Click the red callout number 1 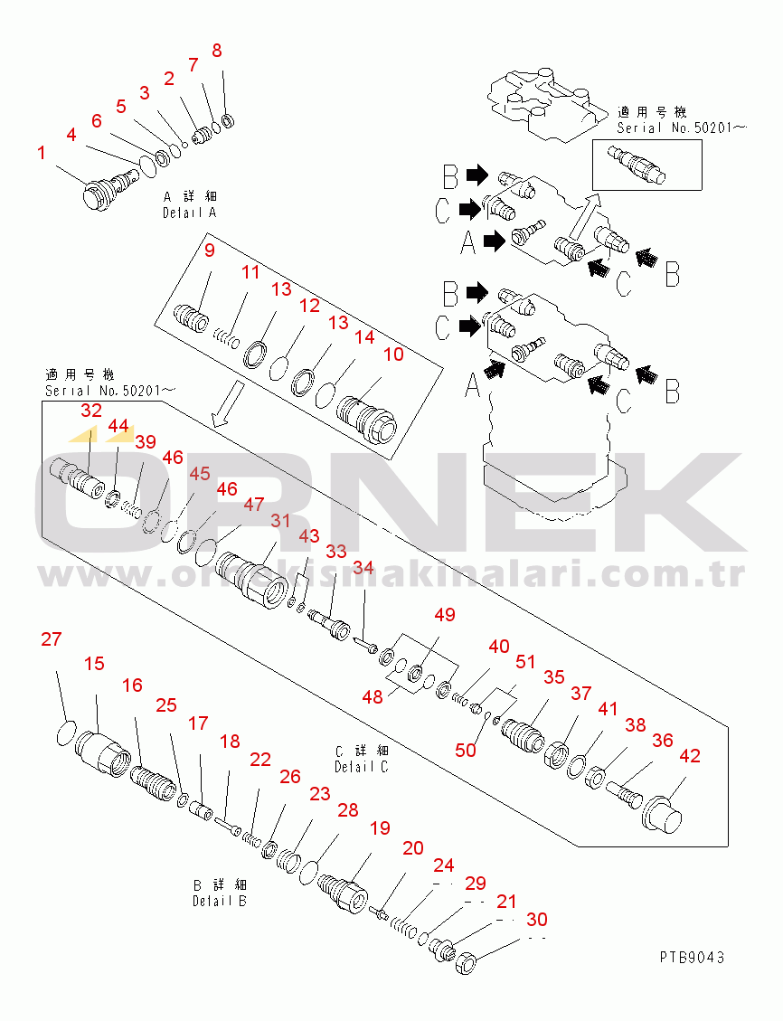[42, 153]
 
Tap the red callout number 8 [217, 51]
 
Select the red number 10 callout [393, 355]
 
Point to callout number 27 [51, 639]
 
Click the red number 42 [690, 756]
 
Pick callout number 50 [466, 751]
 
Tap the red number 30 [537, 920]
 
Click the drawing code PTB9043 [691, 957]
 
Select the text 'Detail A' [189, 213]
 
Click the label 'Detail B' [220, 902]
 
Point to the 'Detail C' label [362, 767]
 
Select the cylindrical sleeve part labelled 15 [102, 754]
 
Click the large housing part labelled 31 [250, 580]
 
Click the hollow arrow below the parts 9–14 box [228, 405]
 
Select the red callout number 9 [210, 251]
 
